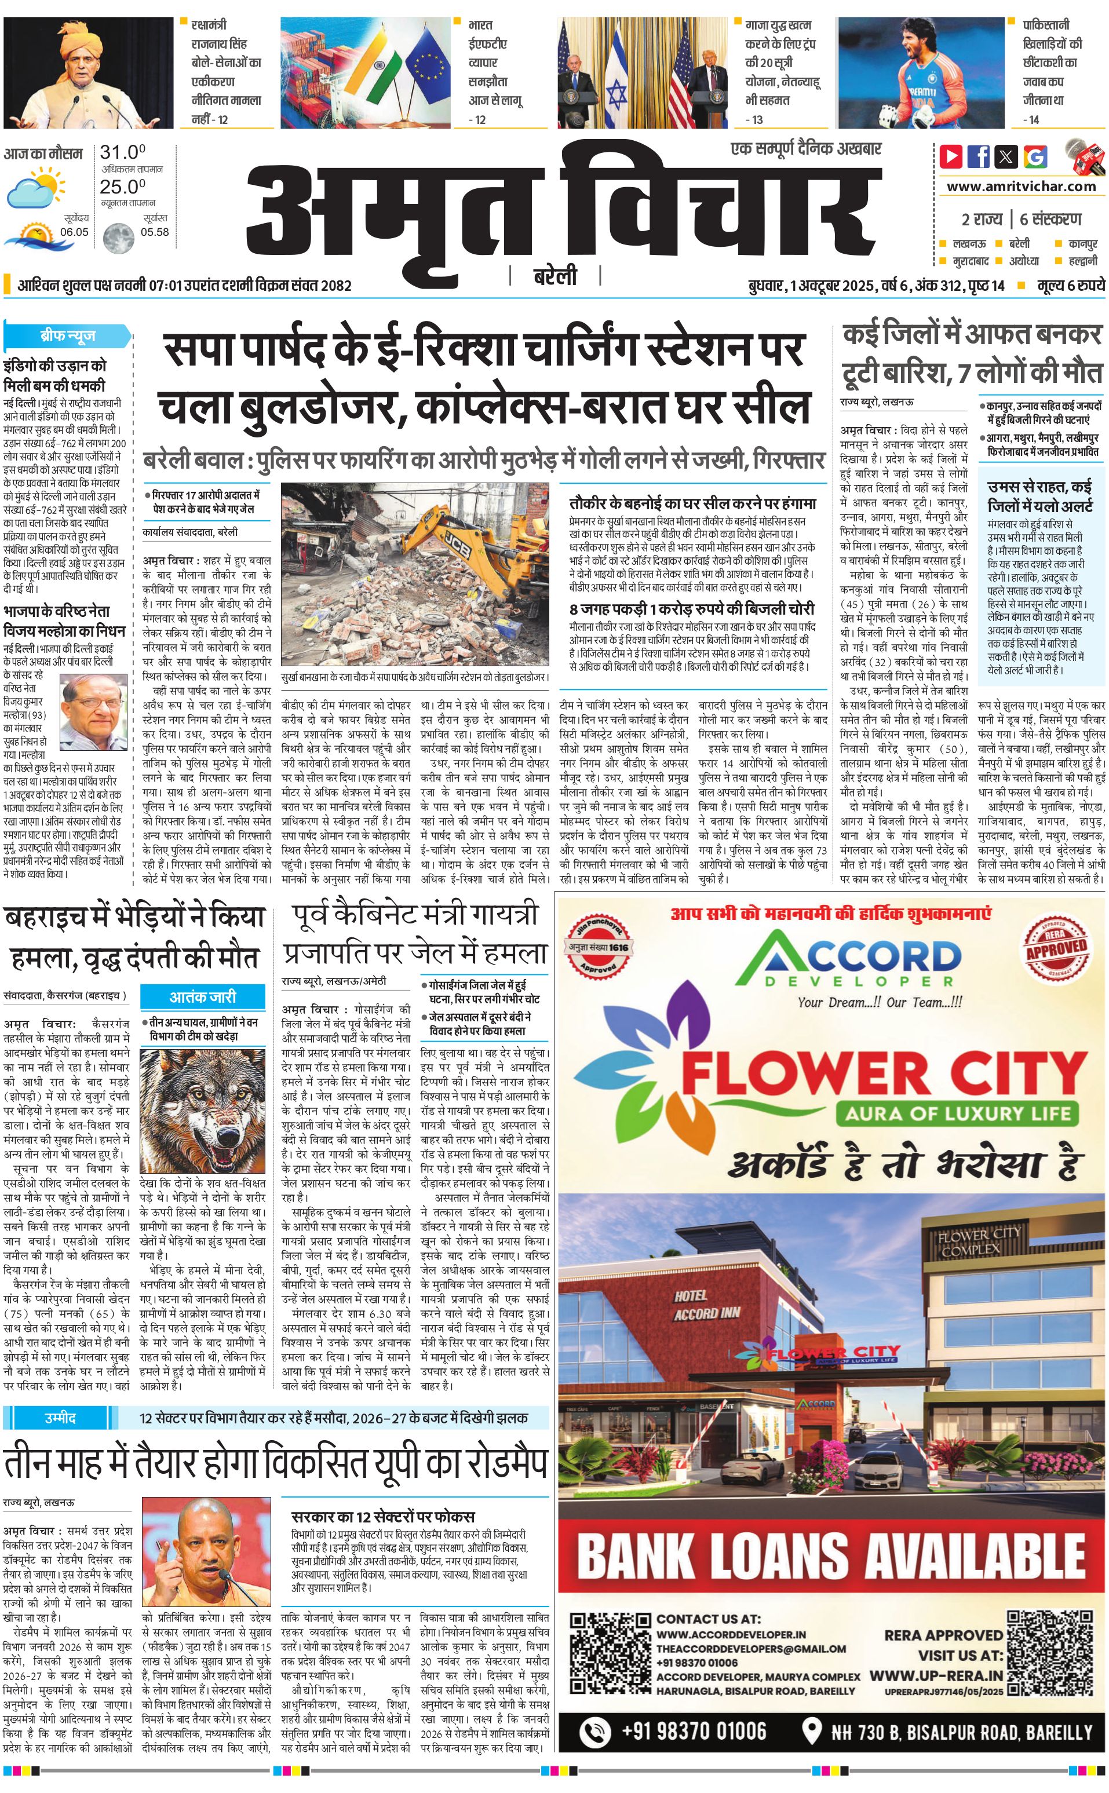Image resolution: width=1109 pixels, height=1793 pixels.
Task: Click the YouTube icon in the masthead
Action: click(x=951, y=156)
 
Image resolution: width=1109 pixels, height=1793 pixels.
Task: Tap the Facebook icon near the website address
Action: click(x=979, y=156)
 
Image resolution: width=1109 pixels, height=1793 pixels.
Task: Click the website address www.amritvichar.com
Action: click(x=1021, y=187)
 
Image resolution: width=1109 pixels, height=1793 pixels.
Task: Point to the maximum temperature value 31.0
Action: click(x=122, y=152)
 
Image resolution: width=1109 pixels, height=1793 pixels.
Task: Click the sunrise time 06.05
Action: click(x=74, y=232)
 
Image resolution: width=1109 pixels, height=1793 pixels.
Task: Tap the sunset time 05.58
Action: click(x=154, y=232)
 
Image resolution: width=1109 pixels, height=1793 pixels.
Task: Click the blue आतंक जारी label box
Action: click(x=202, y=996)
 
